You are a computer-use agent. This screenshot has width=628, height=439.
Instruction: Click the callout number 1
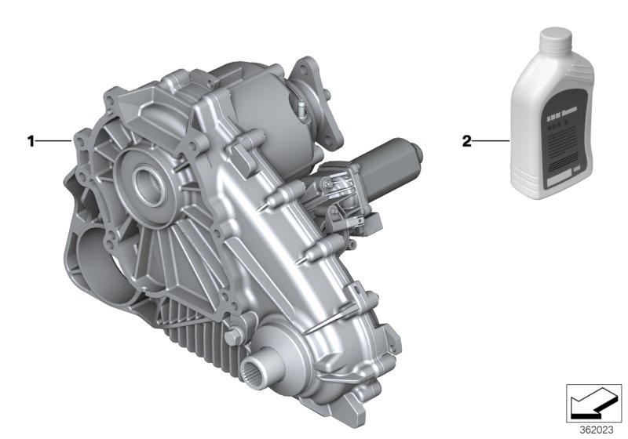[x=31, y=142]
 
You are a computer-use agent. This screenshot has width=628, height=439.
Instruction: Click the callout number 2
[x=466, y=142]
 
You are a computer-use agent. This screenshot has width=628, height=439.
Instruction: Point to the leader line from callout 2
[x=491, y=142]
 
